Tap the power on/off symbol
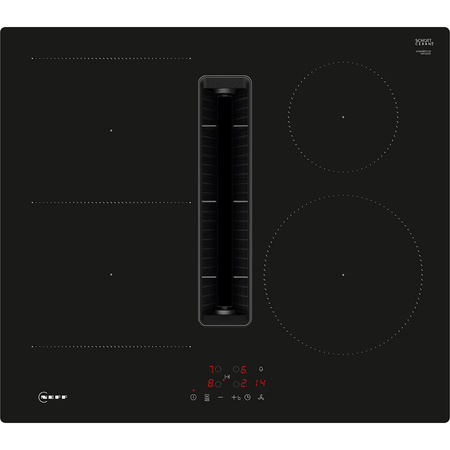coord(193,397)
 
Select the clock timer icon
coord(247,397)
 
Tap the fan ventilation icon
coord(260,397)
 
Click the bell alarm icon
coord(261,369)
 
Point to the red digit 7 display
coord(211,370)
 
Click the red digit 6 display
coord(244,370)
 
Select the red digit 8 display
coord(211,384)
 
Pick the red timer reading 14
coord(260,383)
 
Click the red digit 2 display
coord(243,384)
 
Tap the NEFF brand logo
coord(53,397)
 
